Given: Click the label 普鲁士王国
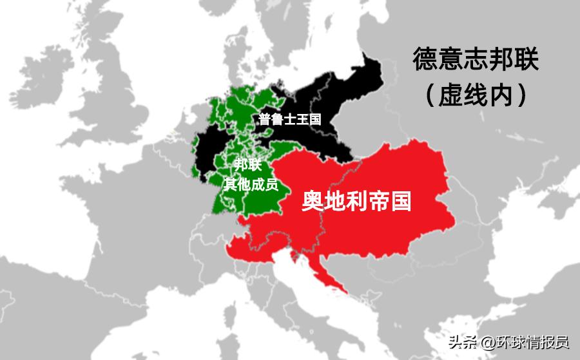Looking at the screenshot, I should pyautogui.click(x=289, y=119).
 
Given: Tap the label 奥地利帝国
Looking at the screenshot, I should pyautogui.click(x=356, y=202).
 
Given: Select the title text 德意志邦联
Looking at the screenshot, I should pyautogui.click(x=476, y=61).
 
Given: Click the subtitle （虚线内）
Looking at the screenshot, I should pyautogui.click(x=476, y=95).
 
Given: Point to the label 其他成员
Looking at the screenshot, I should pyautogui.click(x=250, y=184).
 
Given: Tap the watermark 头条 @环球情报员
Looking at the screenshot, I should pyautogui.click(x=508, y=341).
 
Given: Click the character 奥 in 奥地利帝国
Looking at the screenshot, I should pyautogui.click(x=313, y=202).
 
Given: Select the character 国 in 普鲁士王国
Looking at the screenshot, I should pyautogui.click(x=314, y=119).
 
